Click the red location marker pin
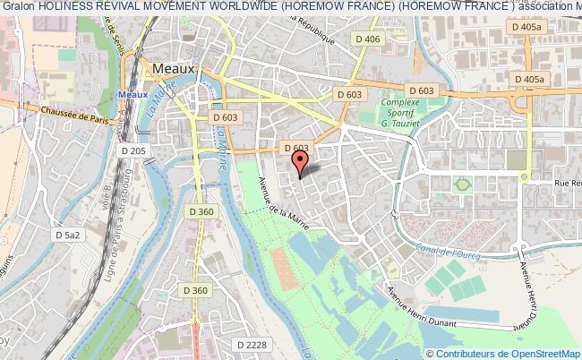[x=300, y=162]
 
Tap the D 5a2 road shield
[x=67, y=235]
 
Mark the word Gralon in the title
[x=18, y=7]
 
